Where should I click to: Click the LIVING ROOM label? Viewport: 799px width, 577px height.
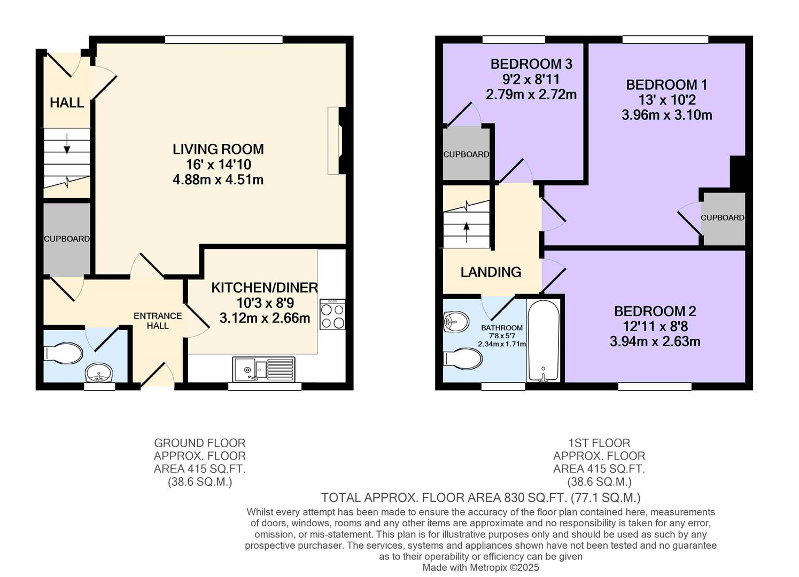[218, 149]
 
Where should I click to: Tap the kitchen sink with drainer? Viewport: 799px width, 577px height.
[263, 368]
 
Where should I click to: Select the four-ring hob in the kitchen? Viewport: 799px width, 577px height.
[332, 315]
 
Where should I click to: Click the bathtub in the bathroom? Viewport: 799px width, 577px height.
[543, 340]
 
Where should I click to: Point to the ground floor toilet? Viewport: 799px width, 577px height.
[64, 354]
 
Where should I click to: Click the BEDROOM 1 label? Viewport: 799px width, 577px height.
[666, 85]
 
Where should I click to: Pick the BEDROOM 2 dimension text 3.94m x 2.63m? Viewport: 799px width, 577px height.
[655, 341]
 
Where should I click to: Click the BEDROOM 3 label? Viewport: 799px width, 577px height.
[531, 64]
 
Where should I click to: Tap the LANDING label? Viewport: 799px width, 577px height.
[491, 272]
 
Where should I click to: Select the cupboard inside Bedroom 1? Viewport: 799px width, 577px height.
[723, 218]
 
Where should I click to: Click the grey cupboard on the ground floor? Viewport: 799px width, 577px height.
[66, 239]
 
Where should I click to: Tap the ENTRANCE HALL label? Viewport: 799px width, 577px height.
[158, 321]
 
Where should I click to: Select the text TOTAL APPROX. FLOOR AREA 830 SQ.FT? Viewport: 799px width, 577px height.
[444, 498]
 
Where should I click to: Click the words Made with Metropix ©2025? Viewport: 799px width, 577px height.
[480, 567]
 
